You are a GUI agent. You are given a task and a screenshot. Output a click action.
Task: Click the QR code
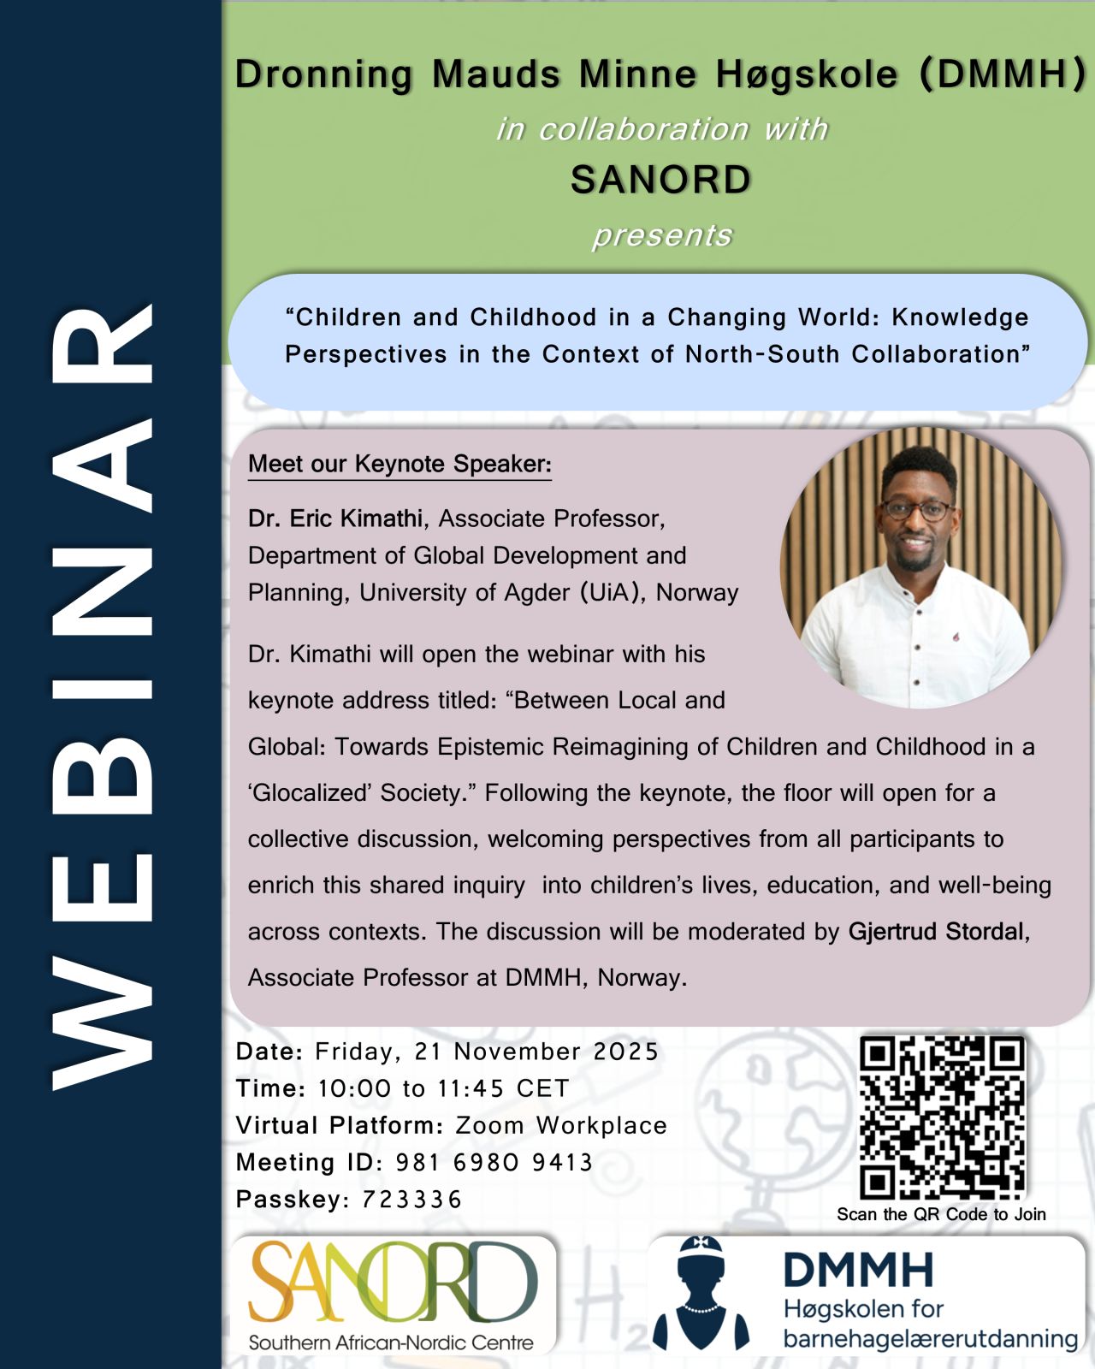click(x=941, y=1117)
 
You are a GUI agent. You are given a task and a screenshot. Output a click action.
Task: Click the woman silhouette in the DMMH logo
click(x=701, y=1294)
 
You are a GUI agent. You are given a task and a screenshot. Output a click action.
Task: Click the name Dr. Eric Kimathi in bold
click(x=334, y=519)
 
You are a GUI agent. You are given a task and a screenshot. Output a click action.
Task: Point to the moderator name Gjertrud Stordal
click(x=936, y=931)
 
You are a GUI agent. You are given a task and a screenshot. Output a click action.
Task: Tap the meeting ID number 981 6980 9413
click(x=494, y=1163)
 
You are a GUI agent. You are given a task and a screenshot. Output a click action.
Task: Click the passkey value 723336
click(x=411, y=1200)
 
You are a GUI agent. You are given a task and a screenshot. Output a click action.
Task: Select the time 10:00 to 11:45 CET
click(x=443, y=1088)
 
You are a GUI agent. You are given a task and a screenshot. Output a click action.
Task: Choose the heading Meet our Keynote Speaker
click(x=400, y=464)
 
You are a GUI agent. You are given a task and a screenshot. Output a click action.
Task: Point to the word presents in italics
click(x=662, y=235)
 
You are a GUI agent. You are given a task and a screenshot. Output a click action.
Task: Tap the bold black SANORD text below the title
click(x=660, y=180)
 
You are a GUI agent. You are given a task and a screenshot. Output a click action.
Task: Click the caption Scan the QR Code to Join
click(x=941, y=1214)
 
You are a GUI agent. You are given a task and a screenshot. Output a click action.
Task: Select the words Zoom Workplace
click(x=560, y=1125)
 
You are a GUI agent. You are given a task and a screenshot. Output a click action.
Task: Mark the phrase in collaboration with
click(x=662, y=129)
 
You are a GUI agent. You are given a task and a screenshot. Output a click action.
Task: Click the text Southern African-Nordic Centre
click(x=390, y=1342)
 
